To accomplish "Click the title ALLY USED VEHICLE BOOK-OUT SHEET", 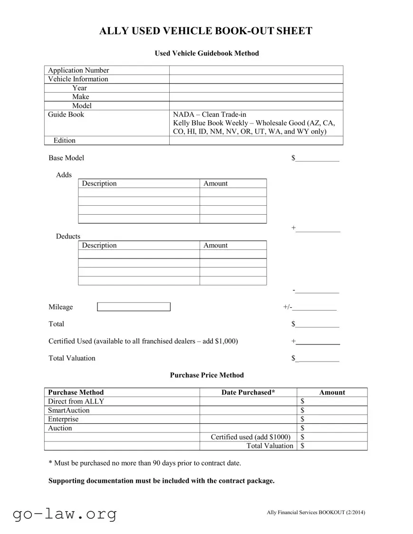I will tap(206, 31).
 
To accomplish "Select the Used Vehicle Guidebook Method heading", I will tap(207, 53).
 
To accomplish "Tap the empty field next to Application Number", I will tap(256, 70).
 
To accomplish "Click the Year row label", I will tap(79, 88).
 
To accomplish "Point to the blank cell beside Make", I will tap(256, 96).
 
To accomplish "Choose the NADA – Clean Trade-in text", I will tap(210, 114).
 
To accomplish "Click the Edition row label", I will tap(65, 140).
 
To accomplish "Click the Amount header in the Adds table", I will tap(215, 183).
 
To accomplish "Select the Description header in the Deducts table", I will tap(99, 245).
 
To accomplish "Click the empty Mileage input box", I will tap(134, 307).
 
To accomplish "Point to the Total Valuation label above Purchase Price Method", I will tap(72, 358).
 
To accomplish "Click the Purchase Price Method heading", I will tap(207, 375).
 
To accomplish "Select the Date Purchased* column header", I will tap(248, 392).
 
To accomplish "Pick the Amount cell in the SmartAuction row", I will tap(333, 410).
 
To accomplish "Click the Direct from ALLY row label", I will tap(76, 401).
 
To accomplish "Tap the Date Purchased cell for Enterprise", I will tap(248, 419).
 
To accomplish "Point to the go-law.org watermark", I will tap(65, 514).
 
